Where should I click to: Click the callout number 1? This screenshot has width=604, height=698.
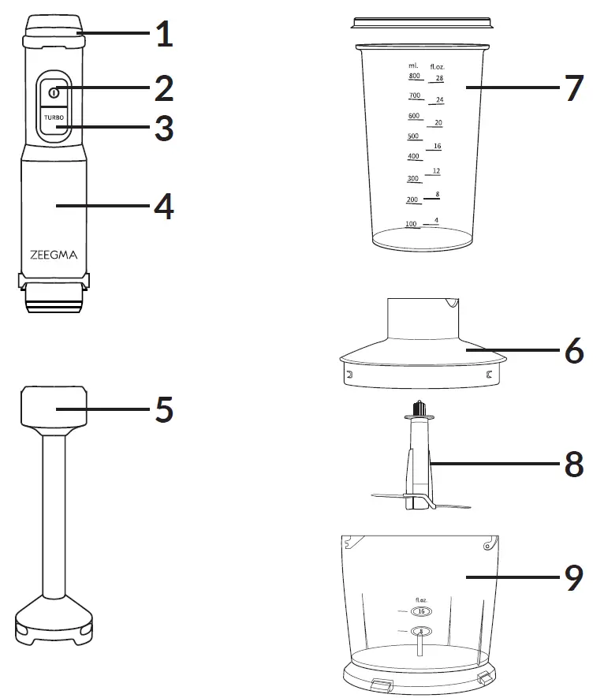coord(163,34)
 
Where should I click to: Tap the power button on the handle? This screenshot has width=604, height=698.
coord(54,92)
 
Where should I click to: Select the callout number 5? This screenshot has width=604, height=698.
coord(163,409)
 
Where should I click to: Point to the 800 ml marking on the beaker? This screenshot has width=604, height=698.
coord(414,77)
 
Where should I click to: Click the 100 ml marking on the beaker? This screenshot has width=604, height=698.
coord(411,225)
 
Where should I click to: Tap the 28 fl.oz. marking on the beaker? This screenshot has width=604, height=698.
coord(439,79)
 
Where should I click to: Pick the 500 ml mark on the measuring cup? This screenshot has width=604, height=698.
coord(412,137)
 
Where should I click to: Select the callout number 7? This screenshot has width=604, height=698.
coord(573,88)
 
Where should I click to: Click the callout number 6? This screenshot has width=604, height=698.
coord(573,350)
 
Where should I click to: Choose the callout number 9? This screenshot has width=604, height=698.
coord(573,578)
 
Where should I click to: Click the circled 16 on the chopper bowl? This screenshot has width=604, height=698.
coord(421,611)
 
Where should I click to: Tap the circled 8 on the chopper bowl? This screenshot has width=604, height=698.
coord(421,631)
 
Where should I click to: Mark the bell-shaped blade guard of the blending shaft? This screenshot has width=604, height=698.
coord(54,618)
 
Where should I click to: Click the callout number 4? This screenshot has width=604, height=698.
coord(163,207)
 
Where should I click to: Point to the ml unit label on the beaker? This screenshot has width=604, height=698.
coord(412,65)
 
